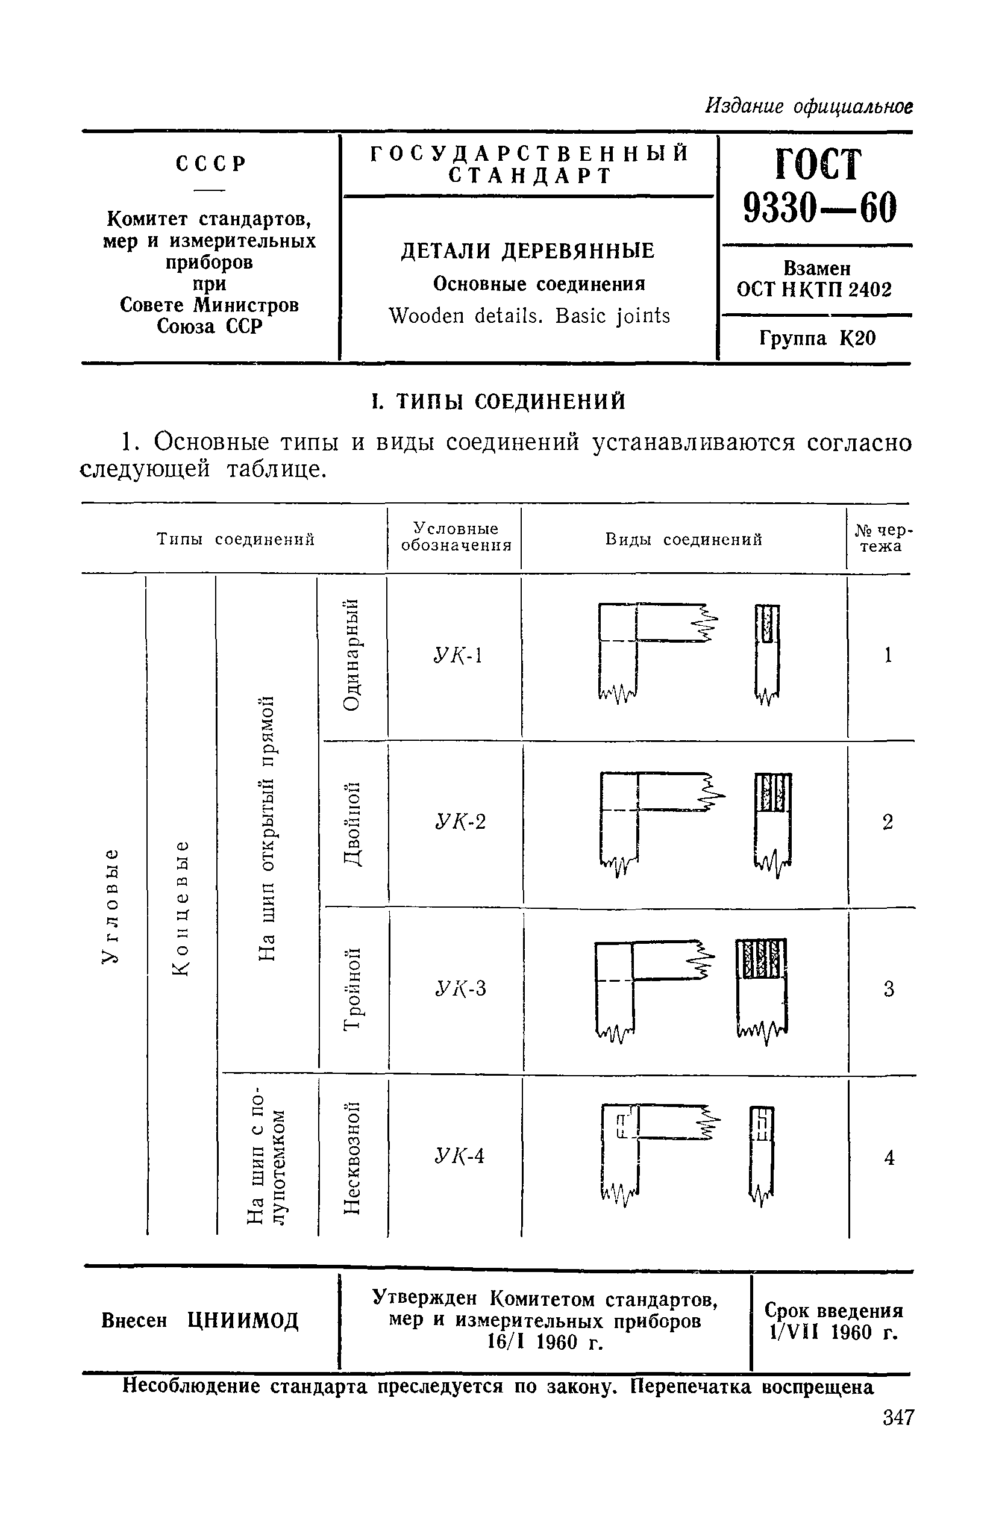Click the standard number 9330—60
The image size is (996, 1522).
click(819, 207)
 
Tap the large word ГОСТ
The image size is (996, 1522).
click(818, 164)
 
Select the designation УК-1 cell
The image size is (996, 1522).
click(457, 655)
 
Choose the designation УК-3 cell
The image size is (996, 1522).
click(460, 988)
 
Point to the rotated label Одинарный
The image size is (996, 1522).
click(352, 655)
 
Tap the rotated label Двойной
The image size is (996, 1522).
click(352, 823)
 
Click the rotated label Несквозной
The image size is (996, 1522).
click(352, 1158)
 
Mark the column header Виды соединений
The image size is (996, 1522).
click(684, 540)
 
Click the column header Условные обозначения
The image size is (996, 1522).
click(456, 537)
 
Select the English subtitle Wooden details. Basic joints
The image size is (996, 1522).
click(529, 316)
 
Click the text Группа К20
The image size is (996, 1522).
click(817, 338)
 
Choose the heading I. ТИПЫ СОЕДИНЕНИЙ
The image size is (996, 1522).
click(499, 402)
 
